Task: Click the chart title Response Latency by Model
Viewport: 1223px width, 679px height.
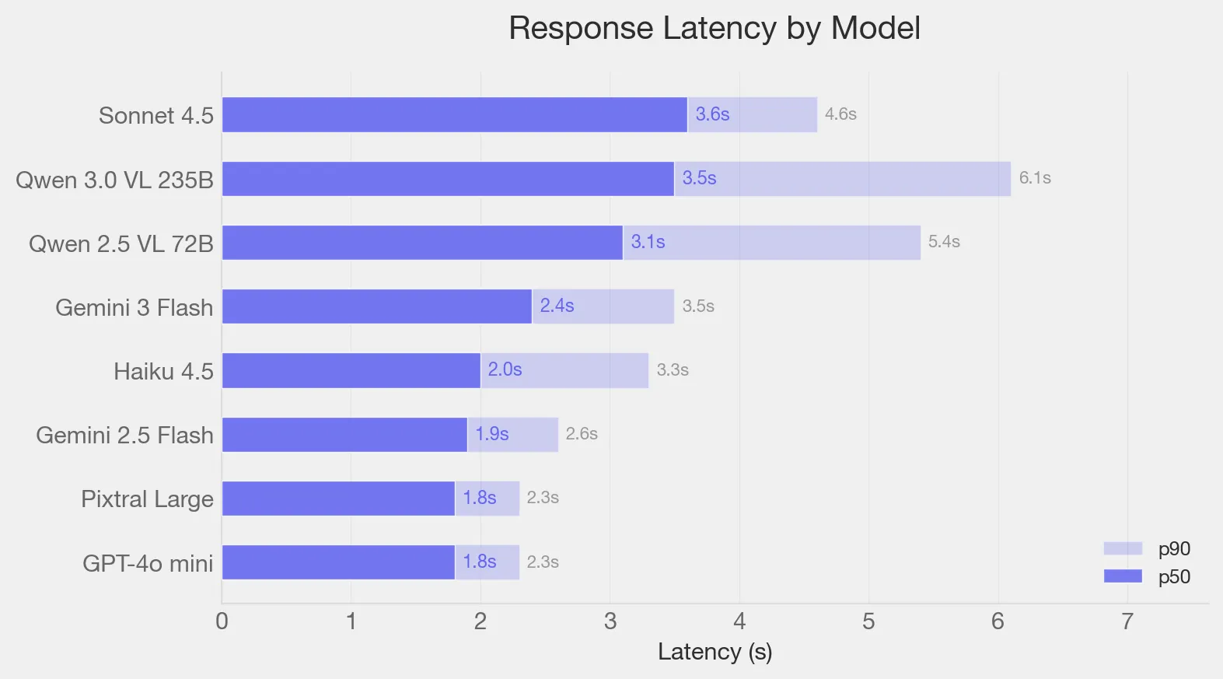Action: [714, 28]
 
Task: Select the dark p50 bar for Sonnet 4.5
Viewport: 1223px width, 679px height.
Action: [454, 114]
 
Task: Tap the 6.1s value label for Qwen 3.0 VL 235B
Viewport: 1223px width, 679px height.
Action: [1034, 178]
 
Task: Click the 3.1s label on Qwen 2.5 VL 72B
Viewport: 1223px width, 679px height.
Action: [647, 242]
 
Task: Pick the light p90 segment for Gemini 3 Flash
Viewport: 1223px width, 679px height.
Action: [622, 306]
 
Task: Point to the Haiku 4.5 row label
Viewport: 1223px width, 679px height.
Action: [163, 371]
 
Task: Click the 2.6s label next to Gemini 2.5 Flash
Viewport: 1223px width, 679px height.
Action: [581, 434]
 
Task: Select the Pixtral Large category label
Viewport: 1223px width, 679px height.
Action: [147, 499]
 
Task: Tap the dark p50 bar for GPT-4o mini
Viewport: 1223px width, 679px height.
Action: [338, 562]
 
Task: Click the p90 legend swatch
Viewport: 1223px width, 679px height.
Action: [1122, 548]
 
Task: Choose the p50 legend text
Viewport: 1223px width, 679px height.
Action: [1174, 576]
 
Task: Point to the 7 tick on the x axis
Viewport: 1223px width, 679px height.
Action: [1127, 621]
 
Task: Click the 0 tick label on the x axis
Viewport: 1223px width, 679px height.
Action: [222, 621]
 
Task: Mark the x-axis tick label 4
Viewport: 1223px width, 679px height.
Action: [739, 621]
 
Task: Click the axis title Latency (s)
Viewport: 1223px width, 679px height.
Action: [715, 652]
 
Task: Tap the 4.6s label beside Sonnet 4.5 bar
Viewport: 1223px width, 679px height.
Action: [840, 114]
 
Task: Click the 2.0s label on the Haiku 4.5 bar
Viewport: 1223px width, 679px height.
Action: [505, 369]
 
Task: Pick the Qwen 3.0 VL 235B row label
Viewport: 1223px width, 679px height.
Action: [114, 180]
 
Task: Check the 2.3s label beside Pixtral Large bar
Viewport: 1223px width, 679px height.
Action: [542, 498]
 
